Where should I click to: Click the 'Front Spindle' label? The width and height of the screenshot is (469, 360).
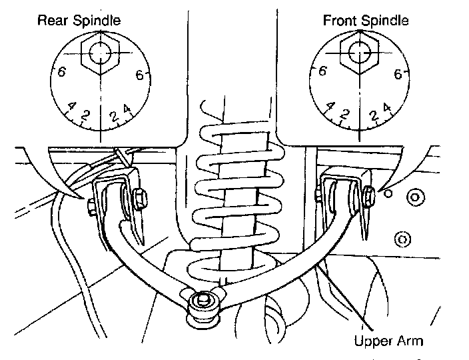pos(366,19)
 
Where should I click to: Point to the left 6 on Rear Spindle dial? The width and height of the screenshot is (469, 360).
pos(60,73)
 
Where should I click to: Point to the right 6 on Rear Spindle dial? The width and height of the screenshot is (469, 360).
pos(140,75)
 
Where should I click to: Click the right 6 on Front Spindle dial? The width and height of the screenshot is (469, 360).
pos(398,74)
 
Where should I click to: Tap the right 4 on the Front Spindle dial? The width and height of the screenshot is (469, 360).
pos(387,107)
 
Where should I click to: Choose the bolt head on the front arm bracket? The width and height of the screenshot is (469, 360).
pos(368,195)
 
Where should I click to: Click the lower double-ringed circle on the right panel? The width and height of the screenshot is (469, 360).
pos(402,238)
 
